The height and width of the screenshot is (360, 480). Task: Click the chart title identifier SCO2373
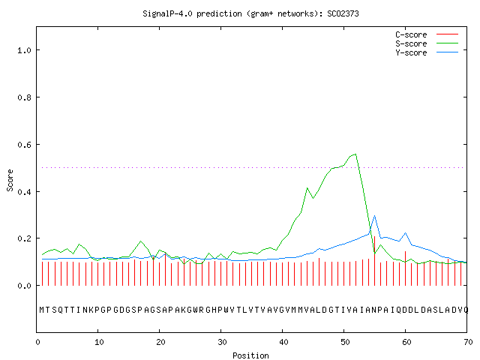pos(343,13)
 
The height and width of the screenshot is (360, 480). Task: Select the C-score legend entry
pos(427,34)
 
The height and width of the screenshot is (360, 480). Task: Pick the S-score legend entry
pos(427,43)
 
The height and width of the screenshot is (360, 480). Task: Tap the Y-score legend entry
pos(427,52)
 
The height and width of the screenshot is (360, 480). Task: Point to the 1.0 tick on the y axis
pos(24,50)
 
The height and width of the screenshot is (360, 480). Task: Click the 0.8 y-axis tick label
pos(24,97)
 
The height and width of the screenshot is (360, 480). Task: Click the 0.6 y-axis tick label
pos(24,145)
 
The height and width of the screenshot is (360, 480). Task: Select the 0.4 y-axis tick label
pos(24,192)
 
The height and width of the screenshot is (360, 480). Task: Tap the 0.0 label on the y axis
pos(24,286)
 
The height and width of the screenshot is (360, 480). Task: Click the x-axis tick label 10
pos(99,342)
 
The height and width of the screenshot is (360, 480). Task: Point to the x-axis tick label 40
pos(283,342)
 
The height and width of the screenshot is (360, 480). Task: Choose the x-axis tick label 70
pos(468,342)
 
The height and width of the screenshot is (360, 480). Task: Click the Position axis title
pos(250,355)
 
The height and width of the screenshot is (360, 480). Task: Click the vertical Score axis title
pos(10,180)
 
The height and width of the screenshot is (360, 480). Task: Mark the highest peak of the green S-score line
pos(355,154)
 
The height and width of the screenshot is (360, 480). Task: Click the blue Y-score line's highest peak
pos(374,216)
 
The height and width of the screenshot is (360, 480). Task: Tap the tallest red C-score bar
pos(374,261)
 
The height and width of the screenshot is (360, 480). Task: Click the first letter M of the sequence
pos(42,310)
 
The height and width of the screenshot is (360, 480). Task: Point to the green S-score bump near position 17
pos(140,241)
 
